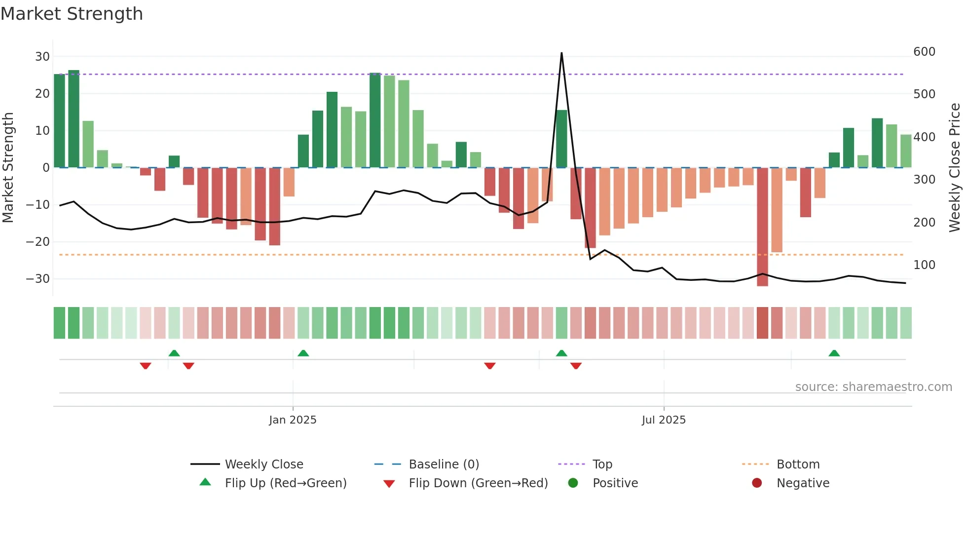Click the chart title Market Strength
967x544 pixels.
coord(72,14)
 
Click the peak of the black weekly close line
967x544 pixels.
coord(561,53)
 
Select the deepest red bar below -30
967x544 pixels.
coord(762,227)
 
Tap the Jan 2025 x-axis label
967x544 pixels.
coord(293,420)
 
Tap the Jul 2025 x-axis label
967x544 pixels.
coord(664,420)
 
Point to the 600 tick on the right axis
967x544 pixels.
coord(924,52)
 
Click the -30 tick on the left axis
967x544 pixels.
coord(38,279)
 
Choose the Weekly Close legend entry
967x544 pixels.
coord(264,465)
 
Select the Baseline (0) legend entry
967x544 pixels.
coord(444,465)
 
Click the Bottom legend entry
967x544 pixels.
coord(798,465)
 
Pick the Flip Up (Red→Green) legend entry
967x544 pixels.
coord(285,483)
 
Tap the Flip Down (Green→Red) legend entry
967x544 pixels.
coord(478,483)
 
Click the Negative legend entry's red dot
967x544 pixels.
coord(757,483)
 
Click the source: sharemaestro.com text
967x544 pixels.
coord(873,387)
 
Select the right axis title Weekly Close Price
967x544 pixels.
coord(955,168)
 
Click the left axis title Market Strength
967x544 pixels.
coord(8,168)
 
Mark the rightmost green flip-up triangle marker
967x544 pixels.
coord(834,353)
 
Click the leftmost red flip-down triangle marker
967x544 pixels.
coord(145,366)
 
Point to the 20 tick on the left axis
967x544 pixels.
coord(42,94)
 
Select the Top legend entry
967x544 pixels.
coord(602,465)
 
